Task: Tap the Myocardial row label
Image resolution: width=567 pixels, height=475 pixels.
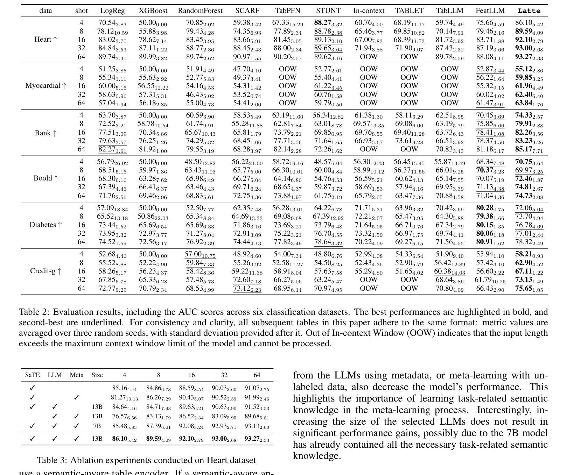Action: pos(45,86)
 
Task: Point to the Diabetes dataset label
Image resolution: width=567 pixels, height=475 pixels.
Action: pos(45,225)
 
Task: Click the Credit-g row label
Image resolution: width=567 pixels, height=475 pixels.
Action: pos(45,271)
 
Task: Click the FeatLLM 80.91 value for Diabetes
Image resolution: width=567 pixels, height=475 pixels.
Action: pos(490,242)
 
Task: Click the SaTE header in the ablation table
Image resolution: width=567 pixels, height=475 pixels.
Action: pos(33,375)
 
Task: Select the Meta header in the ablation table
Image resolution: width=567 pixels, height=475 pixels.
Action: pos(77,375)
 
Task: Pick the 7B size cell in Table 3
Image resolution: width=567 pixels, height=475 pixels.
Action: pos(97,426)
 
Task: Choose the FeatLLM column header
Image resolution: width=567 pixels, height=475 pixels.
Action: pos(489,11)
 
